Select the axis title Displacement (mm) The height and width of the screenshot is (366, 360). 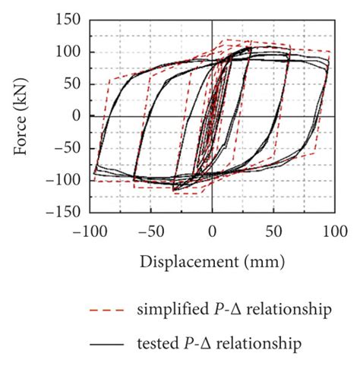(212, 261)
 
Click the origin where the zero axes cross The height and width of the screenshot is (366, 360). (213, 115)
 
